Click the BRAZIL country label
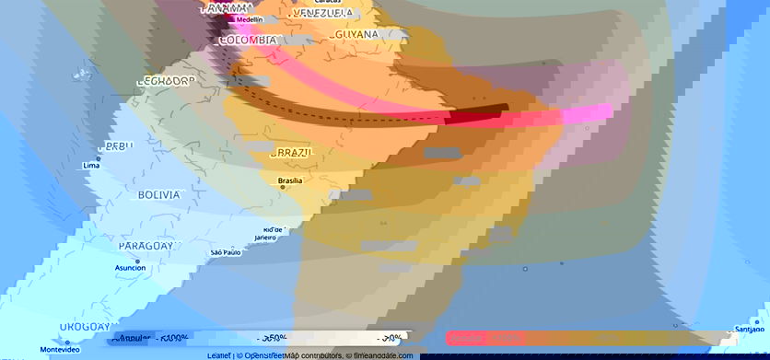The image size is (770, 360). [x=292, y=153]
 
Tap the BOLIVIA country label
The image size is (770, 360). [x=158, y=195]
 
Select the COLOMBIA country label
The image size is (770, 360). [x=248, y=41]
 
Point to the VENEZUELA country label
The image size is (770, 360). [x=321, y=14]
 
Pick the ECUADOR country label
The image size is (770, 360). [x=166, y=81]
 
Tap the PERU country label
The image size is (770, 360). [x=116, y=146]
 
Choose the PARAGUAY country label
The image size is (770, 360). [x=146, y=247]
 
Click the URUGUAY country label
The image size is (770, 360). [x=86, y=327]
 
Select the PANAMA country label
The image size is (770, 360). [x=226, y=8]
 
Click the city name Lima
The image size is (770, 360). [x=91, y=166]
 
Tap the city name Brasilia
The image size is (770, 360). [x=289, y=180]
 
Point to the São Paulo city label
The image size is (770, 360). [x=226, y=252]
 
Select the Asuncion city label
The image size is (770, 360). [x=130, y=267]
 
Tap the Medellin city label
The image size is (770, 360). [x=248, y=19]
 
